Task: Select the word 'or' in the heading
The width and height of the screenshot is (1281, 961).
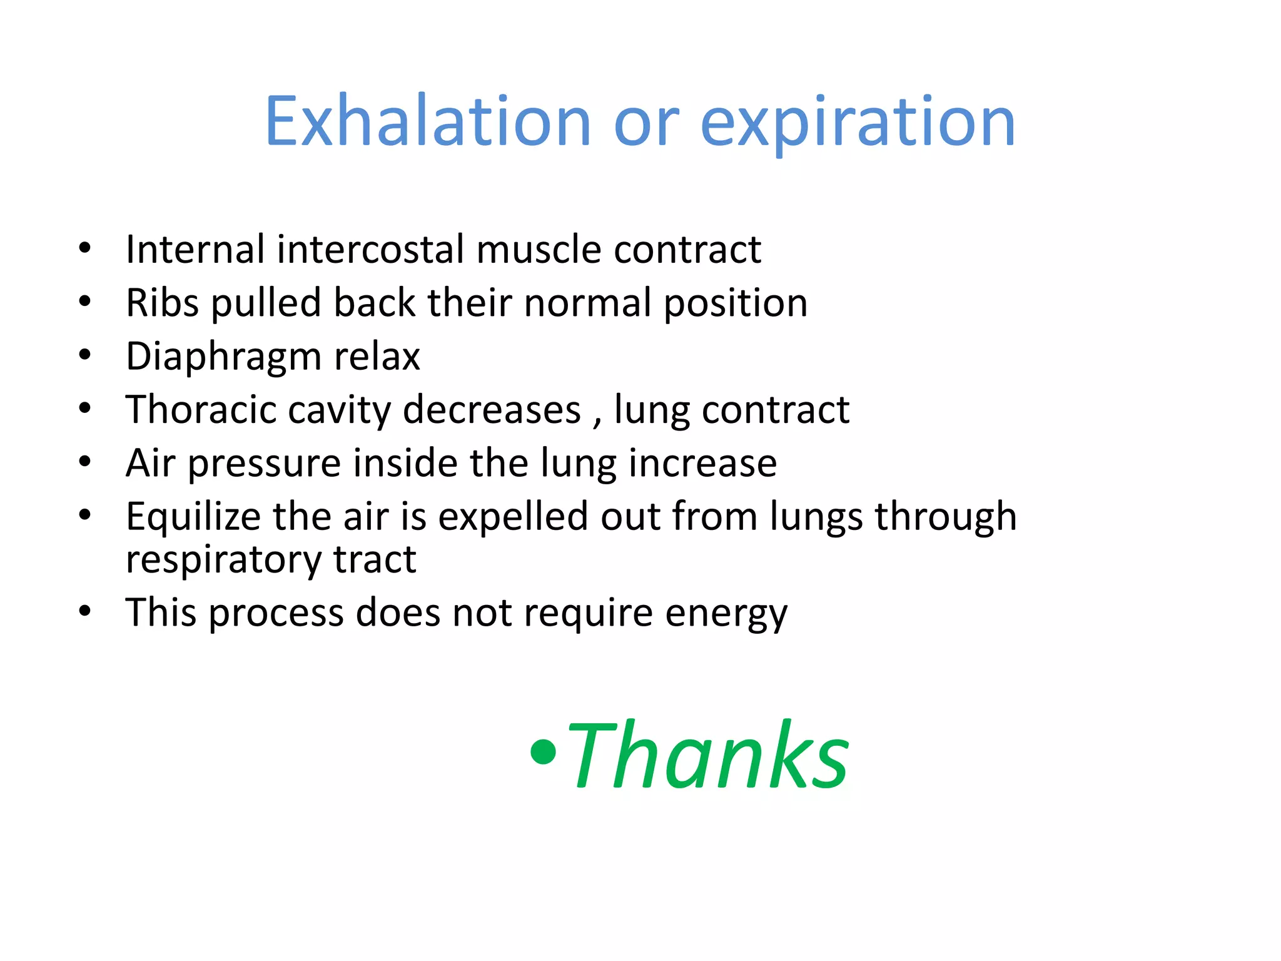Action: [646, 123]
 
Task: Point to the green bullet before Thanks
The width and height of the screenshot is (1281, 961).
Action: [542, 751]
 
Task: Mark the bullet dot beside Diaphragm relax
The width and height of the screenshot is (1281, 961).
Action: [85, 355]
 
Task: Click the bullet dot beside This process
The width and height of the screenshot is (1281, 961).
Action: [85, 611]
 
